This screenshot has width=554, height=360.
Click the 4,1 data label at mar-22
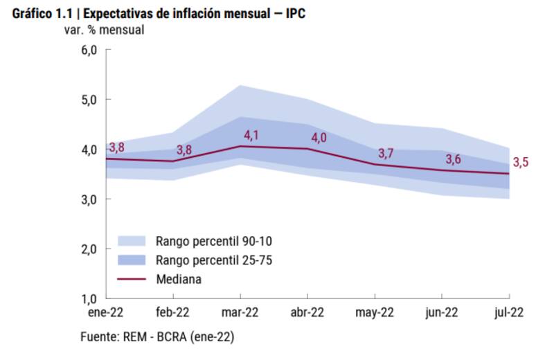tap(250, 136)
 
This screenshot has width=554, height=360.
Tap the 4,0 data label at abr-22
tap(319, 138)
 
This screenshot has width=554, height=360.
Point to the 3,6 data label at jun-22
tap(454, 159)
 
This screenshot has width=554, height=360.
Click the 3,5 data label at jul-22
tap(521, 163)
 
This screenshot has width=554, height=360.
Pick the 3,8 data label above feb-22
tap(184, 150)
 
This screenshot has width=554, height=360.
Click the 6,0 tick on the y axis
tap(91, 50)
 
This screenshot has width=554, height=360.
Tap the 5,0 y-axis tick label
tap(91, 100)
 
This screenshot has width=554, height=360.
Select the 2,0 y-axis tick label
tap(91, 249)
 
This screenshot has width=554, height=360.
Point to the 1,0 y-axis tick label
tap(91, 298)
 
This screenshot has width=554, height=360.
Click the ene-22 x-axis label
tap(105, 312)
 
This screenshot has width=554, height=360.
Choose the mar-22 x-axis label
tap(240, 312)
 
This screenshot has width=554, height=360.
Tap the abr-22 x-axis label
tap(307, 312)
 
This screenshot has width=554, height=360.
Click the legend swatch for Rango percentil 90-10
tap(132, 241)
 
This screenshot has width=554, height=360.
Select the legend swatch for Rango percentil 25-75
tap(132, 260)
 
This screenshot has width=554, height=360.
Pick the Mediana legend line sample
tap(132, 279)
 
